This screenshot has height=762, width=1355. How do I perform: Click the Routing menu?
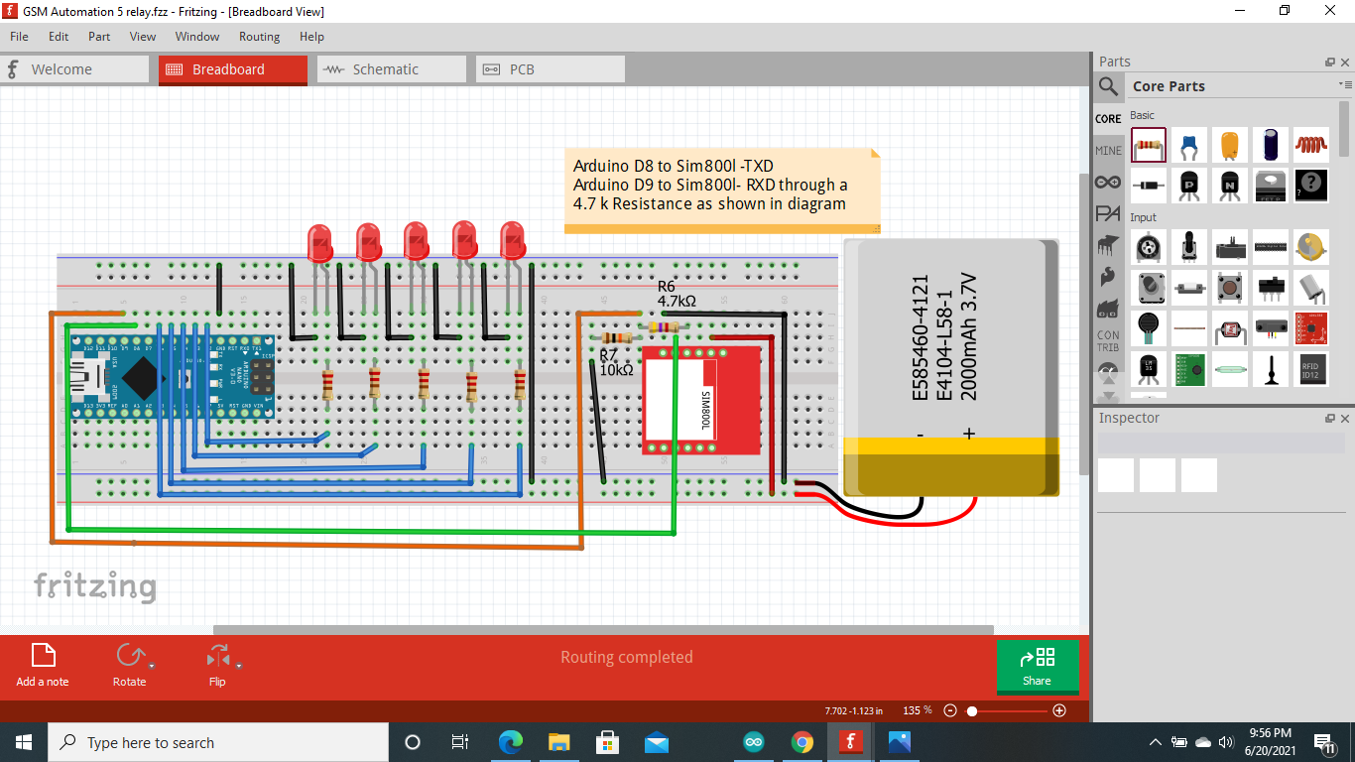point(259,37)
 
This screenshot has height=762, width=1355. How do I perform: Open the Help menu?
point(311,37)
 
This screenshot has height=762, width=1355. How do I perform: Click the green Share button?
point(1037,666)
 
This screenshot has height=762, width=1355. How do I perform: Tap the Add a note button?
point(43,665)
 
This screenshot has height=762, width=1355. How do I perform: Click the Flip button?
point(217,665)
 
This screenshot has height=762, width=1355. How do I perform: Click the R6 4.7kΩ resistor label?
point(677,294)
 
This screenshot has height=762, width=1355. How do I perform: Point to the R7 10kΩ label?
point(616,362)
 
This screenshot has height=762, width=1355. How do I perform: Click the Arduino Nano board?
point(170,377)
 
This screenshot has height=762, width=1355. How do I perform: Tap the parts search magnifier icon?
point(1108,86)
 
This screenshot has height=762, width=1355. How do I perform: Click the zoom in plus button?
point(1059,710)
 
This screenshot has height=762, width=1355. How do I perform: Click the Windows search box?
point(218,742)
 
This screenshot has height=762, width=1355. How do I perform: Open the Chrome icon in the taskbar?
point(801,742)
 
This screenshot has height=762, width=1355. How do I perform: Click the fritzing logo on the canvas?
point(95,586)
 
